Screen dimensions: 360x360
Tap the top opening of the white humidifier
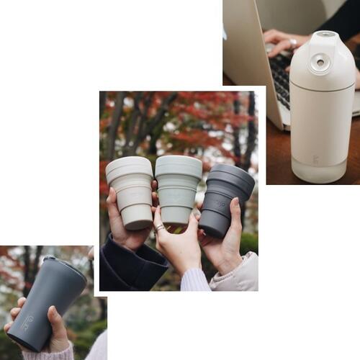(x=325, y=34)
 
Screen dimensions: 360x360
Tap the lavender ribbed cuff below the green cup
(x=194, y=279)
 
